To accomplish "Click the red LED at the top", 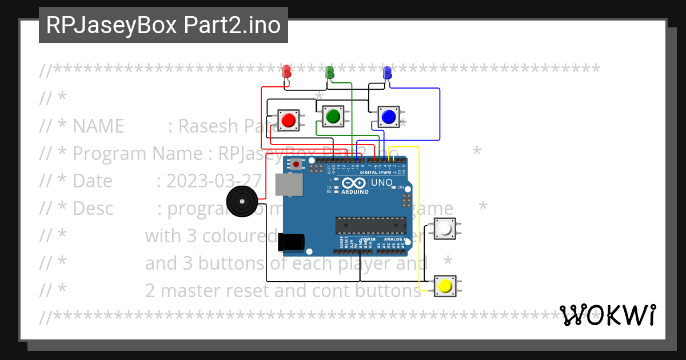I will [x=287, y=72].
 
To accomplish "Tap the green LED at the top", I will [x=329, y=73].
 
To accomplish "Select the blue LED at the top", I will [x=387, y=73].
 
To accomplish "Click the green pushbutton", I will [x=332, y=117].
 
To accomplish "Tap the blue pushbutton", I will [x=389, y=117].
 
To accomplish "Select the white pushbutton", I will [x=445, y=230].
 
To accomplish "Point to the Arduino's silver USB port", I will [x=289, y=185].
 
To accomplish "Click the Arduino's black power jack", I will [x=291, y=242].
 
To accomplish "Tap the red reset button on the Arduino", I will [x=296, y=165].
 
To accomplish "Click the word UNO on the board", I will [x=382, y=183].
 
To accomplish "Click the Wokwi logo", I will [x=607, y=315].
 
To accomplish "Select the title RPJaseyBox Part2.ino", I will [x=163, y=25].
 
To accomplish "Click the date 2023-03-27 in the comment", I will [x=214, y=181].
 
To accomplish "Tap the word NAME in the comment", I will [x=98, y=126].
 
